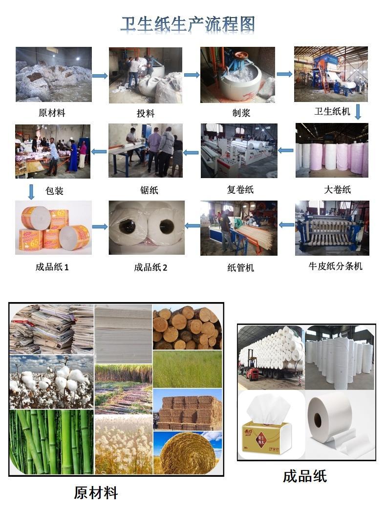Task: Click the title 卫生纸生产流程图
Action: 188,24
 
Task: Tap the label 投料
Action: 145,113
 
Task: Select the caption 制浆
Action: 241,113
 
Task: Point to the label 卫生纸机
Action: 332,111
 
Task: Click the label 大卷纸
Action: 337,189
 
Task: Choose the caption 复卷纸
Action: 240,189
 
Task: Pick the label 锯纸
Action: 149,190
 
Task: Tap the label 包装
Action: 54,190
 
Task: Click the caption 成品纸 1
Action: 52,267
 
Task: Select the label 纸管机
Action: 240,267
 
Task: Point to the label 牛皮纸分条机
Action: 335,266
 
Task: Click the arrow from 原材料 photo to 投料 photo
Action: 100,76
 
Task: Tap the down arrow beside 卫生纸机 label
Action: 358,112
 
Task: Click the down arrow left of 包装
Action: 31,192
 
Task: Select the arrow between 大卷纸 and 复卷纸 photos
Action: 286,150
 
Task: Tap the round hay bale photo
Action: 188,453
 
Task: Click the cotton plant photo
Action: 52,382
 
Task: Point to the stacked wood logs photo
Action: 188,327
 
